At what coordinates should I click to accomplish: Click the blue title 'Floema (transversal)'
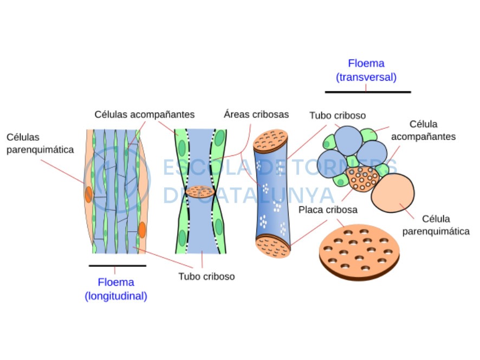[366, 70]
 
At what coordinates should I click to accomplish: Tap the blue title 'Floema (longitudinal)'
[116, 289]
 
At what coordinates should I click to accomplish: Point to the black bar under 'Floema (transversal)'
[368, 91]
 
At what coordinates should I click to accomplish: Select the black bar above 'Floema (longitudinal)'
[118, 266]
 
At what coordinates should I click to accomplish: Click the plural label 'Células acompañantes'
[145, 114]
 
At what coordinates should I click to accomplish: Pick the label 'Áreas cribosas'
[256, 114]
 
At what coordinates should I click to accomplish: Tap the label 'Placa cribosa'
[328, 210]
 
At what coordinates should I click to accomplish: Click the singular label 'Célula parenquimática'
[436, 225]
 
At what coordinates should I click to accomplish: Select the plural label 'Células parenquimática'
[40, 143]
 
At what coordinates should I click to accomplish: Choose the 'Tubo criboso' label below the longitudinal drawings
[206, 277]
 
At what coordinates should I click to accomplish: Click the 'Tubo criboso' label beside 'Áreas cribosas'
[338, 116]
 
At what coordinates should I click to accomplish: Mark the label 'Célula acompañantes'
[423, 130]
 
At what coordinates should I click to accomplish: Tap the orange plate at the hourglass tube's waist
[200, 192]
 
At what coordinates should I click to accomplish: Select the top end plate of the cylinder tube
[271, 141]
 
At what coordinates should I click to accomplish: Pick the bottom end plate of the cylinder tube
[273, 246]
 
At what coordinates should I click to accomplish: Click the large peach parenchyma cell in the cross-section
[393, 193]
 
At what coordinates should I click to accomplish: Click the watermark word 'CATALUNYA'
[265, 195]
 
